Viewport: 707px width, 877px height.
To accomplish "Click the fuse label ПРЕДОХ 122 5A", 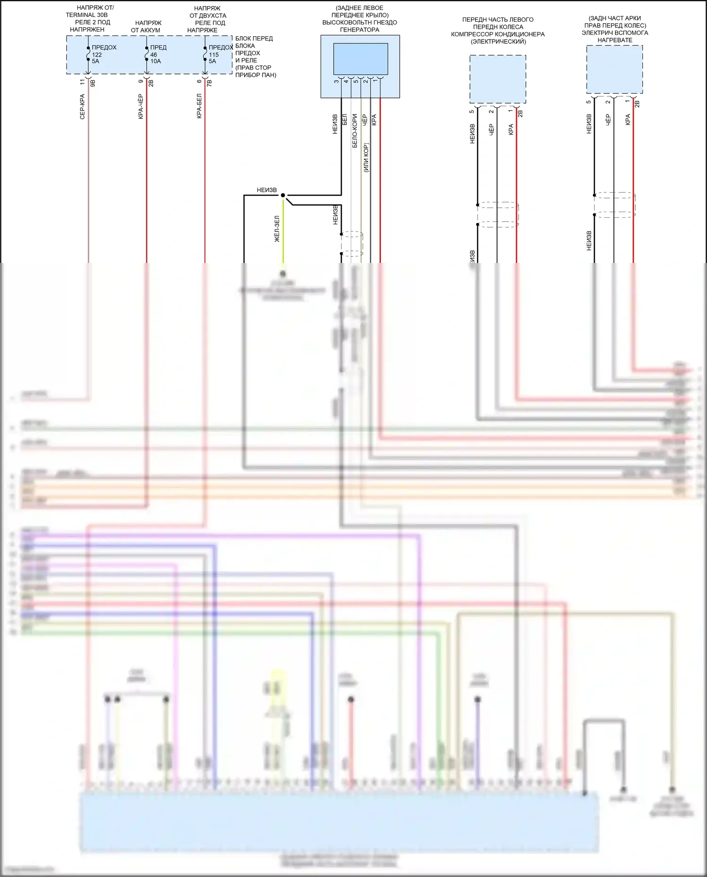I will (x=103, y=54).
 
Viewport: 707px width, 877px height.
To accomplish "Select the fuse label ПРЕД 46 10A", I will (x=157, y=54).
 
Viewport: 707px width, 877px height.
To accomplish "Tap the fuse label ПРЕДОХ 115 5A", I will (x=220, y=54).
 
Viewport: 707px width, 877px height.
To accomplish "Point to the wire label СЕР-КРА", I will (x=82, y=107).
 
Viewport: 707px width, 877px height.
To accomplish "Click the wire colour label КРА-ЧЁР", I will (x=141, y=107).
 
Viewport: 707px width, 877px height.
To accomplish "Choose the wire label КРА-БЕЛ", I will (x=199, y=106).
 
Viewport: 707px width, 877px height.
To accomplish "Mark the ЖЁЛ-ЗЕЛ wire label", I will (x=277, y=229).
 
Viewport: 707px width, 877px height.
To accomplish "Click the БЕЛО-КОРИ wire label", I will (x=355, y=131).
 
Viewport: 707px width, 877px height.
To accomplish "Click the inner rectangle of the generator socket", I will (x=361, y=59).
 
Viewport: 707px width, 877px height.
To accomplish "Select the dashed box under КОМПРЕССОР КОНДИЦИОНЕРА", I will (x=498, y=79).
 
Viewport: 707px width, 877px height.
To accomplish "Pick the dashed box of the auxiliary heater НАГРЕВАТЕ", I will (x=615, y=69).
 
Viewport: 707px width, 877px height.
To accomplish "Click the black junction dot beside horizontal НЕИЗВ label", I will (x=283, y=195).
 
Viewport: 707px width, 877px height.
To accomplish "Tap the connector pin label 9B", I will (x=93, y=83).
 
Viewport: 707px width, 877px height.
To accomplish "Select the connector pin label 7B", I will (x=210, y=83).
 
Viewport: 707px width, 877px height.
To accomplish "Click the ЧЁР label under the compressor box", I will (x=492, y=130).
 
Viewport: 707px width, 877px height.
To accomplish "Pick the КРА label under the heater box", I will (x=628, y=120).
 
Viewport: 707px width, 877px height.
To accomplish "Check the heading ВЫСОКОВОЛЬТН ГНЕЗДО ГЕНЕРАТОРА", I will (x=360, y=26).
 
